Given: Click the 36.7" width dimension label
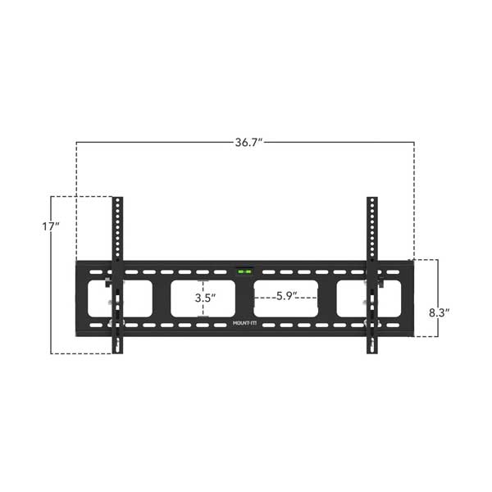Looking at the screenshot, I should coord(247,143).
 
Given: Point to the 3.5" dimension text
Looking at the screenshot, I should coord(204,299).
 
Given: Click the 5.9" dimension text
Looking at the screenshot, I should coord(287,296).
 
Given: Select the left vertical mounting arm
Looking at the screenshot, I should coord(118,275).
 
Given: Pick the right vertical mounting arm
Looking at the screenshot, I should coord(372,275).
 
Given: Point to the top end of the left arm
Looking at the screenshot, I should coord(118,201).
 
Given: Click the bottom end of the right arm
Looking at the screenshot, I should coord(372,350).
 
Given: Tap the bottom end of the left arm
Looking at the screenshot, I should coord(118,350).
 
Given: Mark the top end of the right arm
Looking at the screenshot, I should coord(372,201).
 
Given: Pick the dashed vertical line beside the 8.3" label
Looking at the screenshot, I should coord(437,283).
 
